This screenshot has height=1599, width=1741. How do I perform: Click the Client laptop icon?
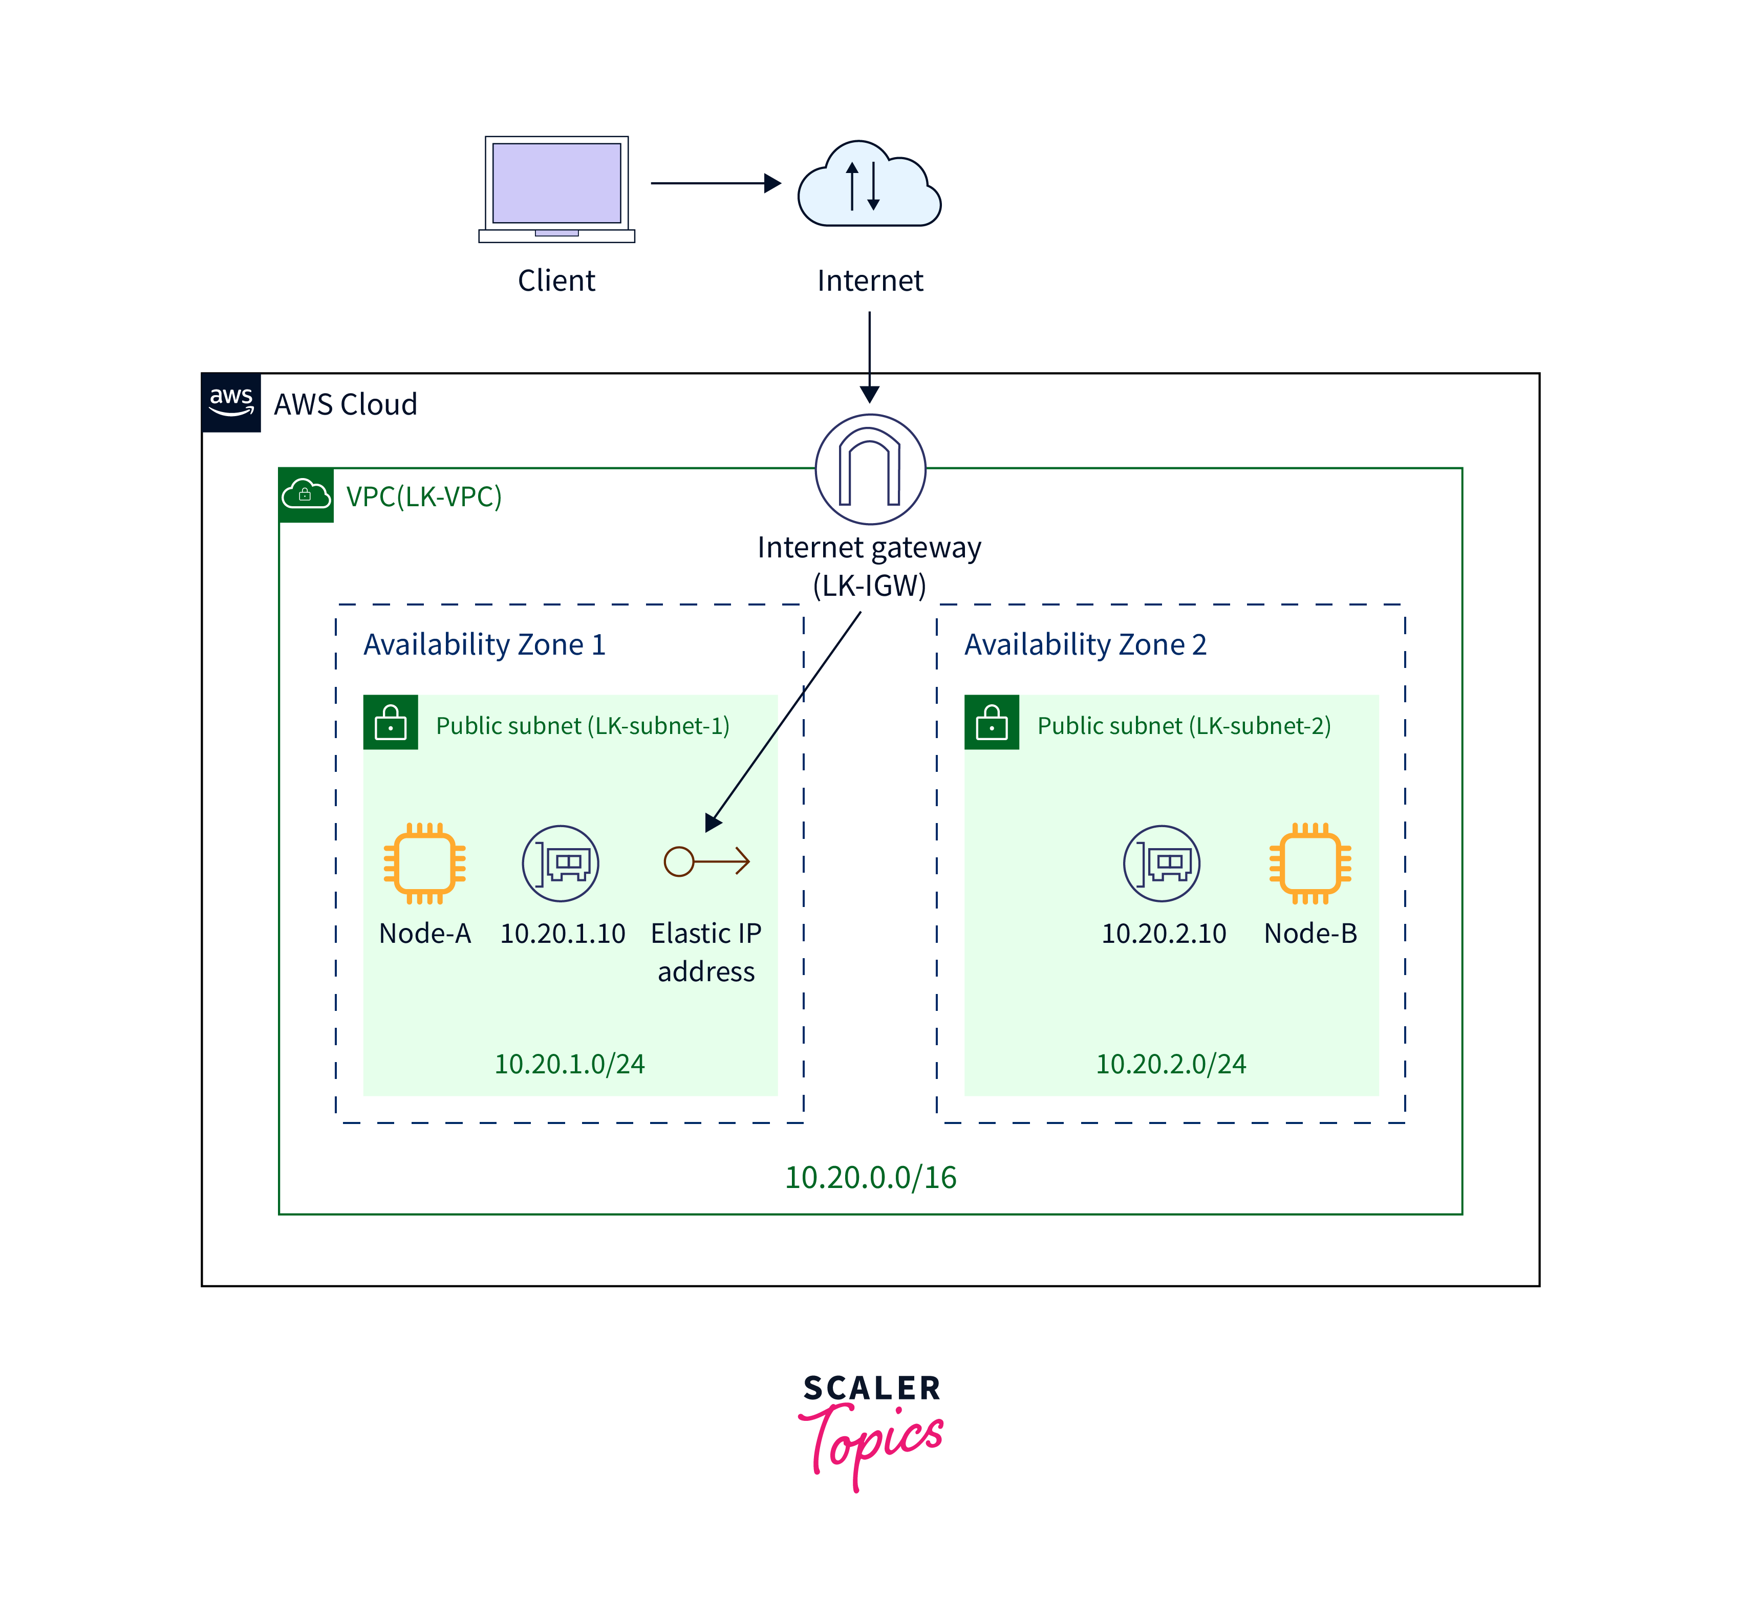click(x=556, y=189)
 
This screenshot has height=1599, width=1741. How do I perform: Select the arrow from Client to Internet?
click(x=715, y=183)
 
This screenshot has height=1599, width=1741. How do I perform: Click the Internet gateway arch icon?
click(x=870, y=469)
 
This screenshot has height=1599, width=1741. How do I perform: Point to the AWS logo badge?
click(x=231, y=402)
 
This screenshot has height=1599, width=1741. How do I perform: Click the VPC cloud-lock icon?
click(x=306, y=495)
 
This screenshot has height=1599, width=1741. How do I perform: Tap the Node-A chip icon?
click(x=425, y=862)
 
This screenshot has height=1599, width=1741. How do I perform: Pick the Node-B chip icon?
click(x=1310, y=862)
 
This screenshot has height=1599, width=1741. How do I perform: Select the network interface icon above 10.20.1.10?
click(x=561, y=862)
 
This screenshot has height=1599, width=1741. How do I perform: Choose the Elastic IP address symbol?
click(x=706, y=861)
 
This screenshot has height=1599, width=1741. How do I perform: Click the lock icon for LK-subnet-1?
click(x=390, y=723)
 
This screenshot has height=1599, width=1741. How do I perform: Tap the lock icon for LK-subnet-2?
click(x=992, y=723)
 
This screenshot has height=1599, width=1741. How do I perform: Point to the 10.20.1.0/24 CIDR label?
click(x=569, y=1064)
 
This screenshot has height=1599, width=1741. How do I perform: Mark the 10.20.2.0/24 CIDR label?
click(x=1171, y=1064)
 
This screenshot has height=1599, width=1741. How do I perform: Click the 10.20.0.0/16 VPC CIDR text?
click(x=870, y=1177)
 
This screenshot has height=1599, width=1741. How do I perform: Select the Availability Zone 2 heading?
click(x=1085, y=644)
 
